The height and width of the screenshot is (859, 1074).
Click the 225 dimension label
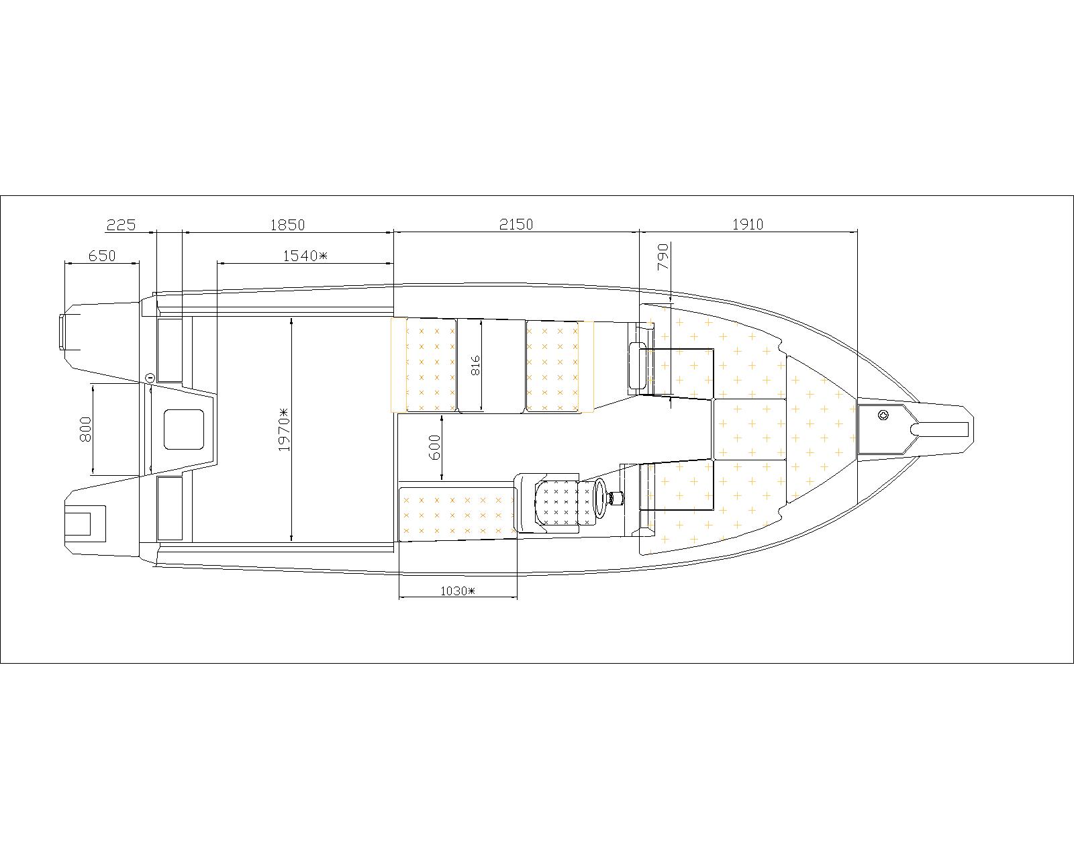tap(121, 225)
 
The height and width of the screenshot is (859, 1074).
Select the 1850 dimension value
tap(287, 225)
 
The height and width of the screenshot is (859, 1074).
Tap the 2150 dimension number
tap(516, 224)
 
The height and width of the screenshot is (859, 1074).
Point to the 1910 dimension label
tap(748, 224)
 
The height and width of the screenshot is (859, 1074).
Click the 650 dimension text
tap(102, 256)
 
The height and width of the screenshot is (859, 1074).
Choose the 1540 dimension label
tap(305, 256)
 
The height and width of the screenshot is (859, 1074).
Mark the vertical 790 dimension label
tap(663, 256)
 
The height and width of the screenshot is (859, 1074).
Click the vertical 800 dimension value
tap(86, 429)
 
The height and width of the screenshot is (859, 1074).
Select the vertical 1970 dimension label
tap(284, 429)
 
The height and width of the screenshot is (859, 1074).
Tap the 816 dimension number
tap(475, 365)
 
